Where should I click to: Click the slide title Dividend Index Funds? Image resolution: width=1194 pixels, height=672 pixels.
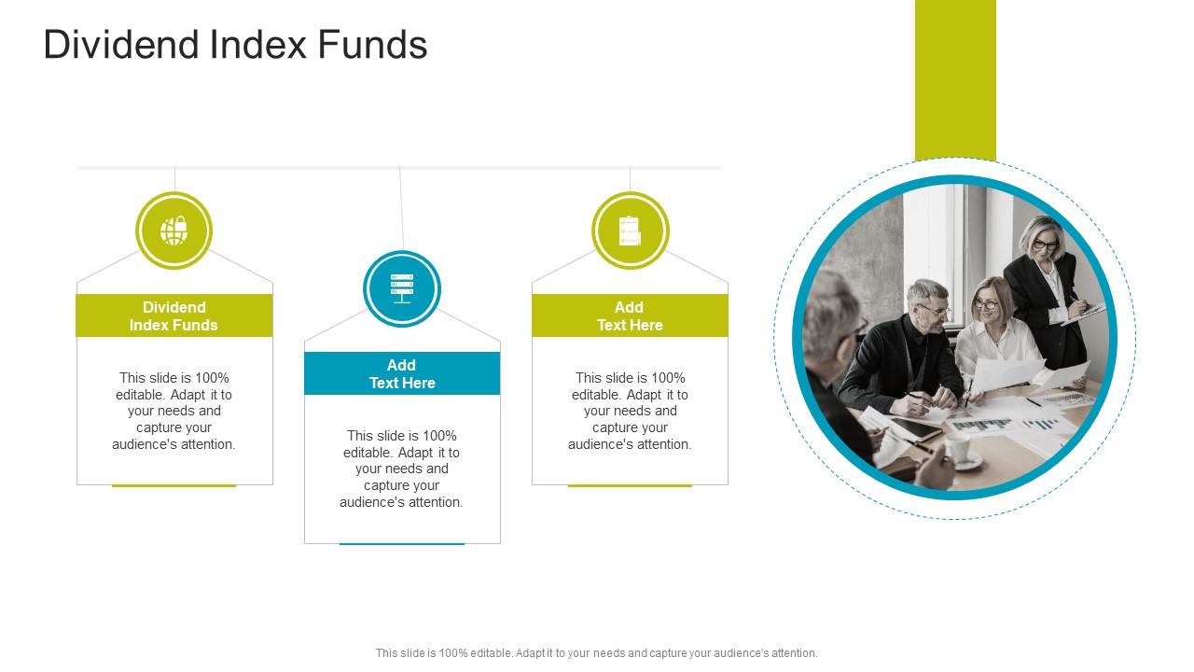point(235,45)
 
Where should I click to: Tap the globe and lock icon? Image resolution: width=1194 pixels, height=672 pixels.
point(174,231)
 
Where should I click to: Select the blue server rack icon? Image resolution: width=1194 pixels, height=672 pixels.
point(402,288)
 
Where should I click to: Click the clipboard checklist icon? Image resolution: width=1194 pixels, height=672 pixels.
point(630,231)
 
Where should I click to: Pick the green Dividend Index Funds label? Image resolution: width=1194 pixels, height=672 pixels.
point(174,315)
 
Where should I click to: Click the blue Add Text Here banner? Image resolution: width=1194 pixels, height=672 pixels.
point(402,373)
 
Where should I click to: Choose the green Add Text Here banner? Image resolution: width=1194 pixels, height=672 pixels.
point(630,315)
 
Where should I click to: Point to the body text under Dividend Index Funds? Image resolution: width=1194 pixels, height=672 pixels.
point(174,411)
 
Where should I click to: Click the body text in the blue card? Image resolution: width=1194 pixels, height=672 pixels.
point(402,469)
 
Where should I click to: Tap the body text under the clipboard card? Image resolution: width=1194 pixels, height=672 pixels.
point(630,411)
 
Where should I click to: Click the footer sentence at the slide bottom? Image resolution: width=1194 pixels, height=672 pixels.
point(597,653)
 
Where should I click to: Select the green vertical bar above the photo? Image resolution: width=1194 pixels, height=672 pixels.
point(955,79)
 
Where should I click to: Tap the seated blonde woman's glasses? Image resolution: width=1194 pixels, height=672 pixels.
point(986,304)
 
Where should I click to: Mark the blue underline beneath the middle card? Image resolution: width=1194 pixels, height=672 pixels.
point(402,543)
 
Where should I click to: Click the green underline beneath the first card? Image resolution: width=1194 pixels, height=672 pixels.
point(174,485)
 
